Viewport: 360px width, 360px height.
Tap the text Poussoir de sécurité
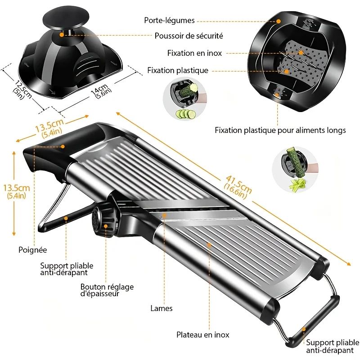click(189, 36)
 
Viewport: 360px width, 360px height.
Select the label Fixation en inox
click(194, 53)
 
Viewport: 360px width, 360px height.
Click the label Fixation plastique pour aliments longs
click(280, 130)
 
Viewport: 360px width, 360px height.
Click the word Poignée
click(32, 249)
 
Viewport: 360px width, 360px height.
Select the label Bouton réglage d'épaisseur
click(107, 290)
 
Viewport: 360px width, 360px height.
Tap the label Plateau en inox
click(202, 334)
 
